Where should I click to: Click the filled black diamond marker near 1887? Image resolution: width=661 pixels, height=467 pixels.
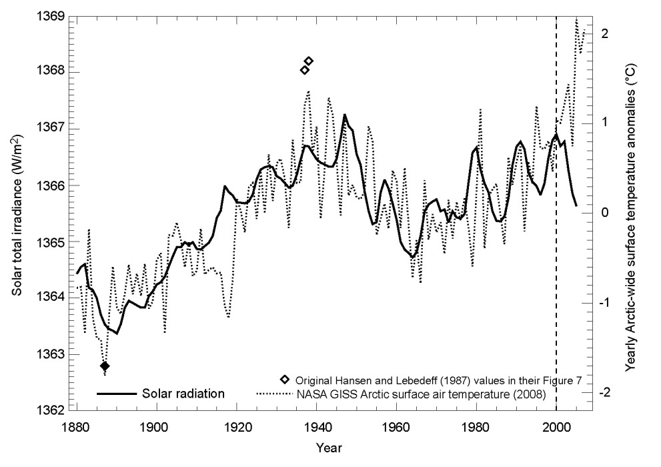[105, 366]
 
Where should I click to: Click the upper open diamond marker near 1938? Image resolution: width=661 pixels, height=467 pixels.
[308, 61]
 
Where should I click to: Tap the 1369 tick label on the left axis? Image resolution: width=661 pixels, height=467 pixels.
[52, 15]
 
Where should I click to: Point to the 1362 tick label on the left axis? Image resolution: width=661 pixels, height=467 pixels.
[52, 410]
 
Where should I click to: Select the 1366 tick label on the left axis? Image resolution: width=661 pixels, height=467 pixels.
[52, 185]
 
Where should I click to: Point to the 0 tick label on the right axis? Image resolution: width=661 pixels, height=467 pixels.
[604, 213]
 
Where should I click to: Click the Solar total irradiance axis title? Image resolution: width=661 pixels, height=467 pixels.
[15, 213]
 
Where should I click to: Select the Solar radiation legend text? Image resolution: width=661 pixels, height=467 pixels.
[183, 394]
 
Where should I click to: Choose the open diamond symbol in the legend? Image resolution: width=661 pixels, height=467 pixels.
[285, 379]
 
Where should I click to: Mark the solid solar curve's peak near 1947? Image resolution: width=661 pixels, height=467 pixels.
[344, 115]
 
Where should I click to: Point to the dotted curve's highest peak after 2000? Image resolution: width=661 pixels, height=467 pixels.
[576, 19]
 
